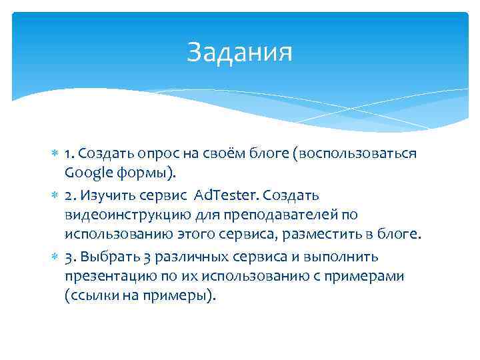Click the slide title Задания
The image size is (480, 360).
point(239,52)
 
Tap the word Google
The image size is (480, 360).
point(89,174)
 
